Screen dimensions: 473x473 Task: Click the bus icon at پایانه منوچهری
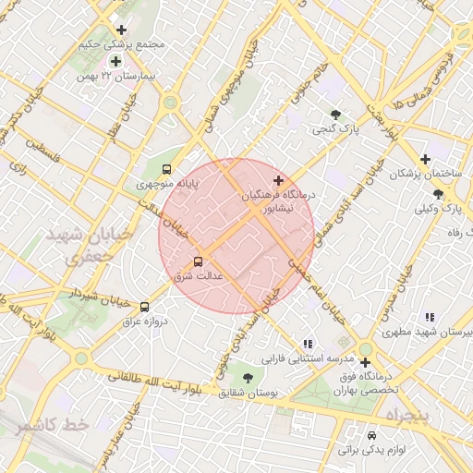point(166,169)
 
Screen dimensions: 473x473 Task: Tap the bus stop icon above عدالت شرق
point(198,261)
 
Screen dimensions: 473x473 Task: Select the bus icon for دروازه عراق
point(143,307)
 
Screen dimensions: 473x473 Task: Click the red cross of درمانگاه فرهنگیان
point(279,179)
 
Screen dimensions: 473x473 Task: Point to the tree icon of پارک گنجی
point(335,115)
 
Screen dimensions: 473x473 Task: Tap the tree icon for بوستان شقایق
point(247,377)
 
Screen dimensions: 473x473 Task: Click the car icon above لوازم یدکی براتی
point(371,435)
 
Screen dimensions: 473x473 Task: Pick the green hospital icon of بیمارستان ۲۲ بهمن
point(116,61)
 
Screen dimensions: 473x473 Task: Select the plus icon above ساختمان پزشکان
point(425,159)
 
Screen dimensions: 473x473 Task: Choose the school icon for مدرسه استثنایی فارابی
point(308,343)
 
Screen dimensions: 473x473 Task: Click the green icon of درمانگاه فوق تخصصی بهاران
point(366,362)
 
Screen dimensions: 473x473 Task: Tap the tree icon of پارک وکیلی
point(438,194)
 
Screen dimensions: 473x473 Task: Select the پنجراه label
point(405,416)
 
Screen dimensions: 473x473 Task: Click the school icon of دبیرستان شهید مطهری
point(430,316)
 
